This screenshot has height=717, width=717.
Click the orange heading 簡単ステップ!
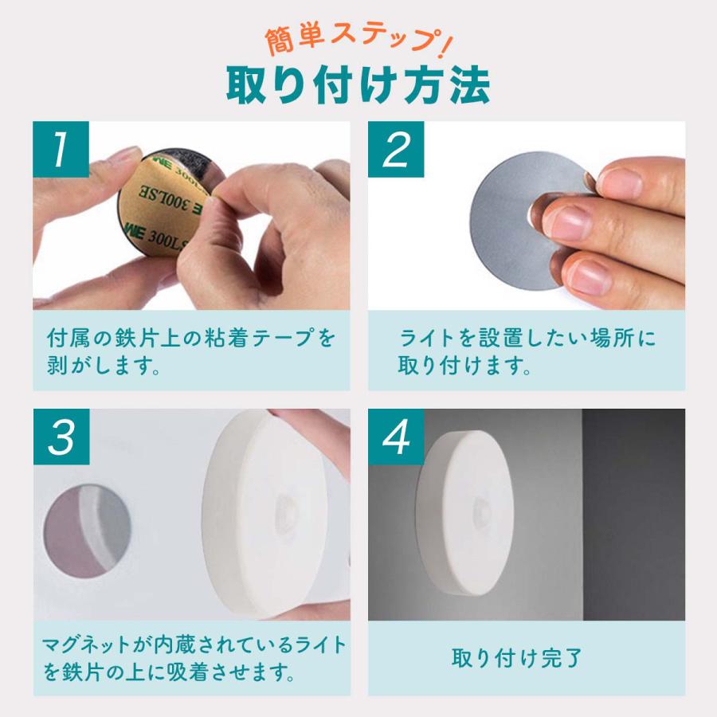point(358,41)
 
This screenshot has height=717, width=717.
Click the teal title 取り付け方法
point(358,85)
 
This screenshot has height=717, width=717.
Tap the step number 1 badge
point(61,149)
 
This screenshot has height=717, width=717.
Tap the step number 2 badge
point(396,149)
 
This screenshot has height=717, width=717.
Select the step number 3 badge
point(61,437)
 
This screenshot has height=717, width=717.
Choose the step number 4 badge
point(396,437)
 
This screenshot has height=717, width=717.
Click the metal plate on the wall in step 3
point(88,531)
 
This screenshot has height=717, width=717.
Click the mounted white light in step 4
point(464,512)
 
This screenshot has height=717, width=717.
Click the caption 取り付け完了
point(517,658)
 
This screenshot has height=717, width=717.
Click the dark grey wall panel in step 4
point(634,515)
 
